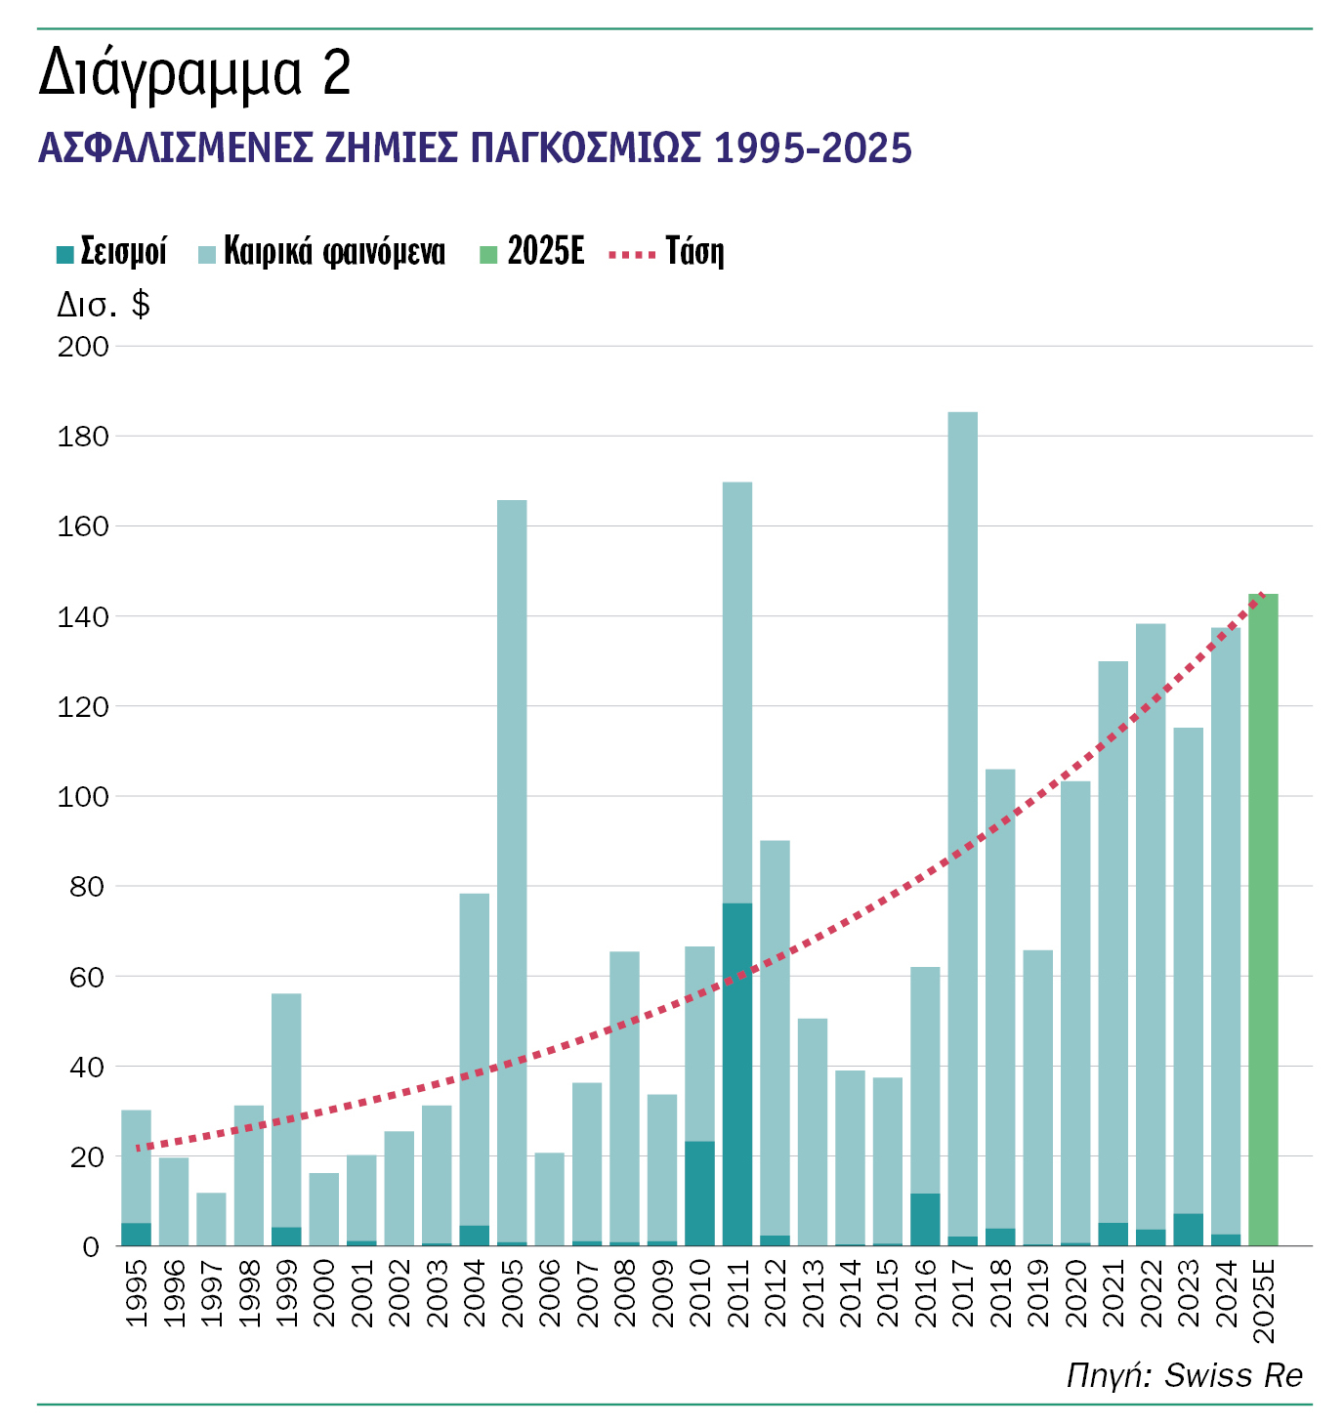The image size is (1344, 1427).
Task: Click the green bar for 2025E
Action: pos(1263,918)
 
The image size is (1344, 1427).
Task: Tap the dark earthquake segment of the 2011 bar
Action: pos(737,1074)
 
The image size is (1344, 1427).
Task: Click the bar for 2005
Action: pos(512,869)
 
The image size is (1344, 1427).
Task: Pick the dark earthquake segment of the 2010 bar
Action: pos(699,1194)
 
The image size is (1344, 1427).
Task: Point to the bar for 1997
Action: pos(211,1219)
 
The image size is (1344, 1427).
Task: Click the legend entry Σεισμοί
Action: pos(111,252)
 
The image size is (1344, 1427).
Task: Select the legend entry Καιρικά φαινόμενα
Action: pos(321,252)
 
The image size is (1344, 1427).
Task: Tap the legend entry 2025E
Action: pos(532,252)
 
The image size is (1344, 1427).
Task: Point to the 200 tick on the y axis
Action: pos(83,347)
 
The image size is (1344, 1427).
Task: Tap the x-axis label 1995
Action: pos(137,1293)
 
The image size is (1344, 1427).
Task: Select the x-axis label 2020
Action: pos(1075,1293)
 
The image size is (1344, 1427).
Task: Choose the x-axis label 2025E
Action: pos(1263,1300)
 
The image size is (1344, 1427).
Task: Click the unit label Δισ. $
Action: pos(104,305)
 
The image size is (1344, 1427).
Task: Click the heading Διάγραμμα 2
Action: pos(194,74)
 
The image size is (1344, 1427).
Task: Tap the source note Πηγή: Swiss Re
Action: pos(1184,1375)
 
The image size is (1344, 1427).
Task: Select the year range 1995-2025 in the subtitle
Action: pos(813,148)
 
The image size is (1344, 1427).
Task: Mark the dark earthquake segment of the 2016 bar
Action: pos(925,1219)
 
